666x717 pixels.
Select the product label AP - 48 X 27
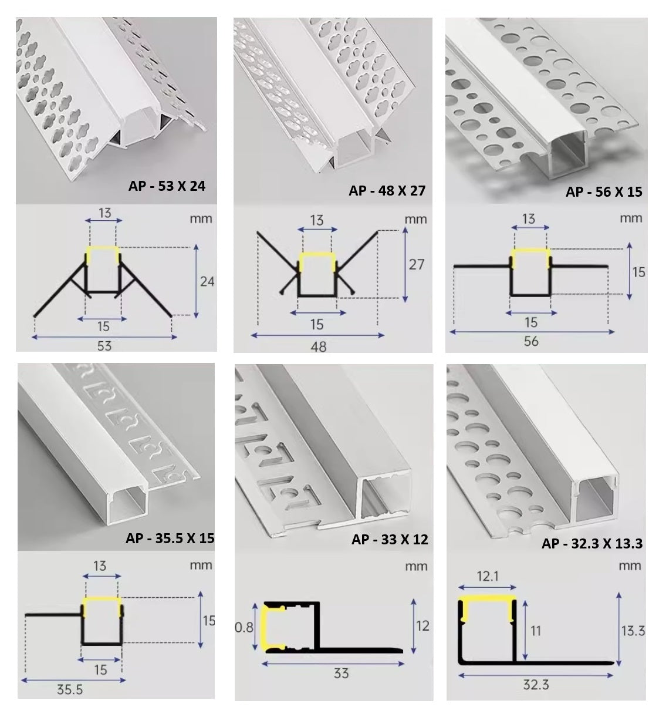point(387,190)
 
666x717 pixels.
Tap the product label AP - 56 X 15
point(604,191)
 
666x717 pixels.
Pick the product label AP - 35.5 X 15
point(170,538)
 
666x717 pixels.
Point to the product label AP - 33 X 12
point(390,539)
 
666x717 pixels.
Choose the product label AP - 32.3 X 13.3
point(591,543)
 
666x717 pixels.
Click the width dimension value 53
point(104,345)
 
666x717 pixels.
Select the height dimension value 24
point(207,281)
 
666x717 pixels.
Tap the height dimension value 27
point(416,264)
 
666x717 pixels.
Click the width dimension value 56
point(530,341)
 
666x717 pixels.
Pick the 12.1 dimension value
point(487,577)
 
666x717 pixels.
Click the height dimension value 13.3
point(633,631)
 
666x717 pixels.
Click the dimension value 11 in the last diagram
point(535,631)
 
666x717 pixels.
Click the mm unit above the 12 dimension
point(415,567)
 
